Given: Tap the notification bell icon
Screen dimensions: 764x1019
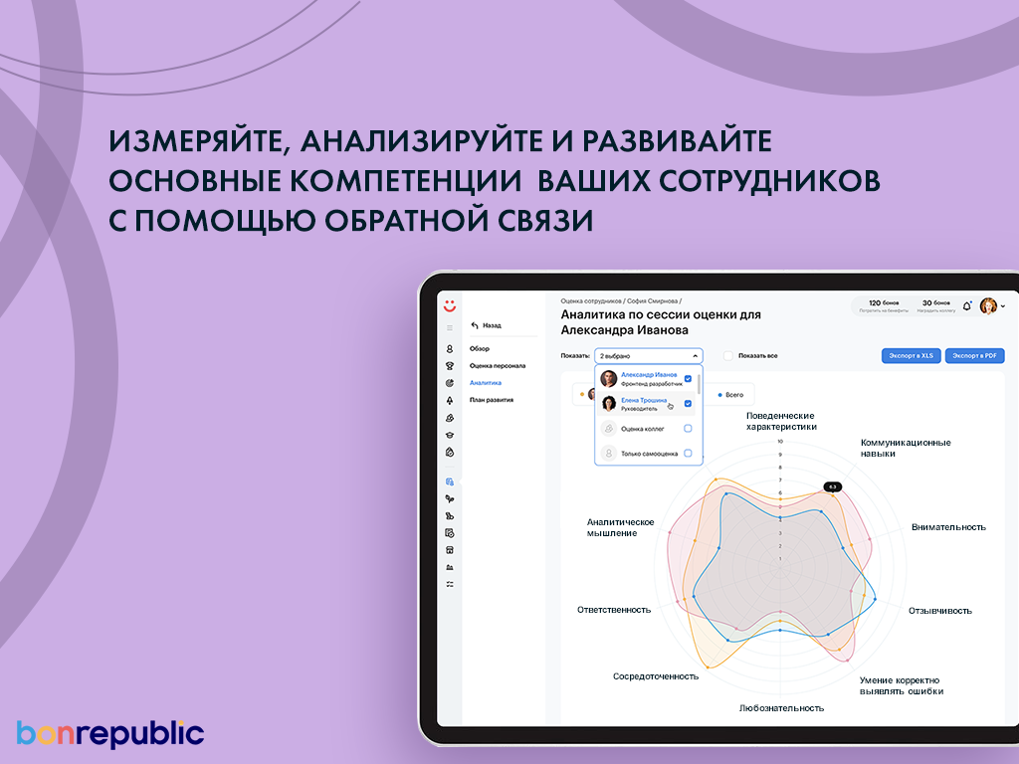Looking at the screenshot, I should tap(966, 306).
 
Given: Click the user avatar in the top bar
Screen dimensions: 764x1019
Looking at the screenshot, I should tap(988, 306).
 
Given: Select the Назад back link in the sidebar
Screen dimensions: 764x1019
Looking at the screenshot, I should tap(486, 325).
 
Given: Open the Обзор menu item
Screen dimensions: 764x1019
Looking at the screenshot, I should tap(480, 348).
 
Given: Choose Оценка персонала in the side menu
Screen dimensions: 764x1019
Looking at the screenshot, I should tap(498, 365).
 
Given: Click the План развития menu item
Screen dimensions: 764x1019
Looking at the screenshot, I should tap(492, 400).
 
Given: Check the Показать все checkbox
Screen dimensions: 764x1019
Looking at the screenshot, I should tap(728, 355).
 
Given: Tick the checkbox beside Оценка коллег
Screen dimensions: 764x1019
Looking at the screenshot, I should tap(688, 429).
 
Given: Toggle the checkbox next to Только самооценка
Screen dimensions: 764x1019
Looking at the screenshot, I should tap(688, 454).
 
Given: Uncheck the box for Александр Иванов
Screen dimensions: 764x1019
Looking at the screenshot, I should tap(688, 378).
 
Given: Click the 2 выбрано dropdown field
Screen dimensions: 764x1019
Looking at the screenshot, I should tap(649, 355).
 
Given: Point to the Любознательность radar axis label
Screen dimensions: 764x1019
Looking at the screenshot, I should tap(781, 708).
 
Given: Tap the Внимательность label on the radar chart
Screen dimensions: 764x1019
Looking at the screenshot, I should tap(948, 527).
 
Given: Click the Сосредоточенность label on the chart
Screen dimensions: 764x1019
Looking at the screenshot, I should tap(656, 676).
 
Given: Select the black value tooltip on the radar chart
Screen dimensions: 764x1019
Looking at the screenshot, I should tap(833, 486).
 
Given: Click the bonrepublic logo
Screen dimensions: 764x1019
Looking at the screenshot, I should tap(110, 734).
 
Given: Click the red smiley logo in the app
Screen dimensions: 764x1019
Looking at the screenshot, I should tap(450, 305).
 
